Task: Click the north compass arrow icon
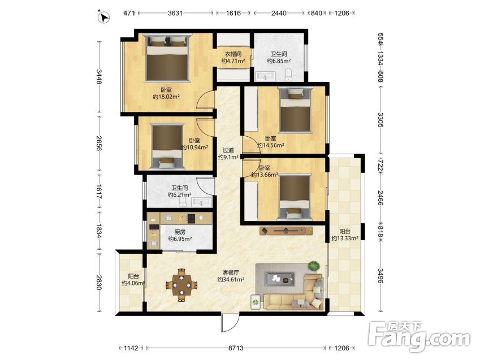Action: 104,17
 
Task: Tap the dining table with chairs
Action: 181,285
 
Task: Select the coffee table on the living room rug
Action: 279,279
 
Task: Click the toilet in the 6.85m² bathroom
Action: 288,75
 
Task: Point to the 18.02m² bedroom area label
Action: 166,97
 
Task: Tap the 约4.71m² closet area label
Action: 233,61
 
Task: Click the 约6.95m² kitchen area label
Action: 180,238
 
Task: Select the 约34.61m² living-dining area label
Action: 231,280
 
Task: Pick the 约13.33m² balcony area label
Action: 345,238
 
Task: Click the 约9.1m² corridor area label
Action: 228,157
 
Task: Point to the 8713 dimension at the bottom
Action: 236,348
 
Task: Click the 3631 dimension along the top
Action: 175,13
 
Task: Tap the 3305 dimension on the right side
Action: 380,120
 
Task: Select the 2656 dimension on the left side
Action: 99,144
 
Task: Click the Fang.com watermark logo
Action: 420,336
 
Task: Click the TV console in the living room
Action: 286,231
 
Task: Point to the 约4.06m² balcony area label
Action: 133,283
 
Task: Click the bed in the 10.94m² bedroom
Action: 167,146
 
